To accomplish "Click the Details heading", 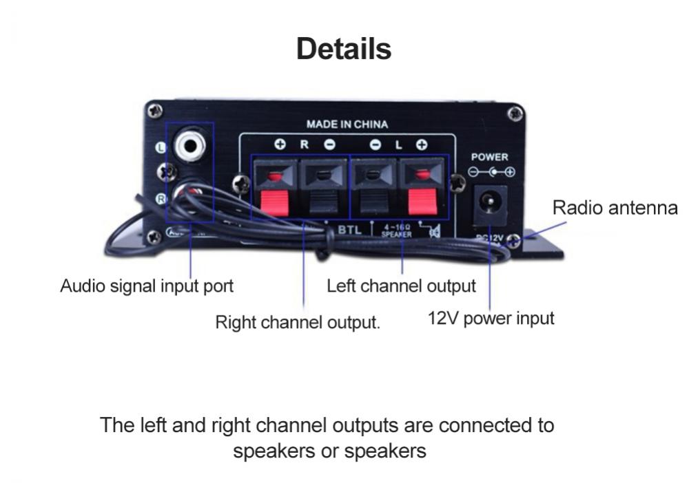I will [x=344, y=49].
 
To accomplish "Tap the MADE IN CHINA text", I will [x=347, y=125].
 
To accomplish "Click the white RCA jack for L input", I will [x=188, y=144].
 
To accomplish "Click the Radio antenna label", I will [x=615, y=208].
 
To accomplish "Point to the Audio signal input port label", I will [x=147, y=286].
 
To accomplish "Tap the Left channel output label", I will [x=401, y=286].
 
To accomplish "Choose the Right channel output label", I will [x=298, y=322].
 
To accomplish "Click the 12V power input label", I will [x=491, y=319].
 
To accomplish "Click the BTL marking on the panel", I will [x=349, y=229].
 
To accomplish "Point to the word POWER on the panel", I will [x=490, y=157].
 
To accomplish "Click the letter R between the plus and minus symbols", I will [x=305, y=145].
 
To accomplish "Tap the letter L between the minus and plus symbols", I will [x=398, y=145].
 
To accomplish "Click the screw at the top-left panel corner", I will [x=156, y=109].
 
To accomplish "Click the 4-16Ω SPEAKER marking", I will [x=396, y=230].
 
